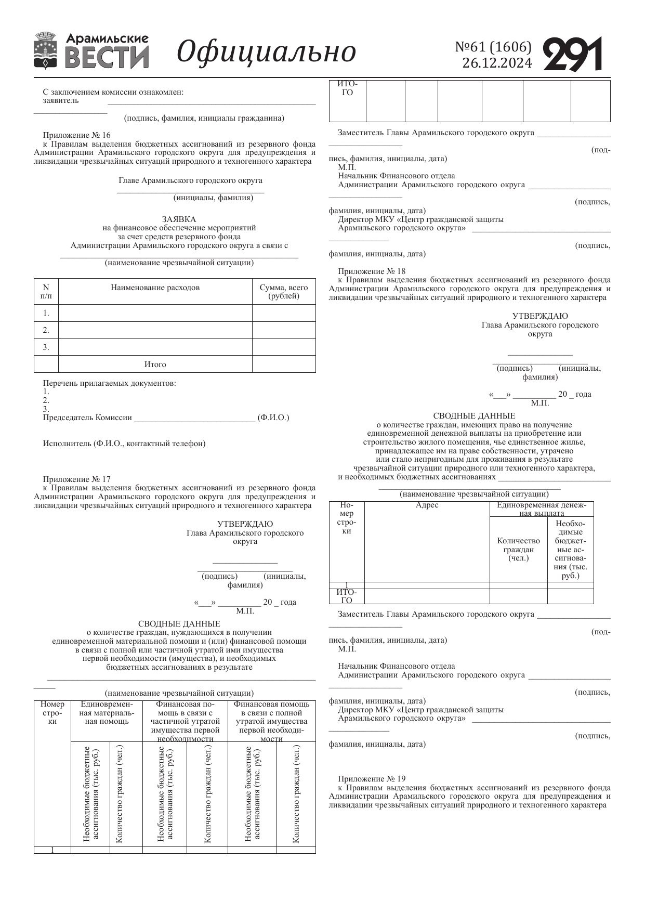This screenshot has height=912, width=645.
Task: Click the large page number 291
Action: [x=573, y=54]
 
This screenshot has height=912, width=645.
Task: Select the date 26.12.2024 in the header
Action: [x=497, y=63]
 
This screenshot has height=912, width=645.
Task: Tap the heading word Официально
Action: [x=267, y=52]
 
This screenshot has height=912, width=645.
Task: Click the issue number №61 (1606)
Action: [x=493, y=47]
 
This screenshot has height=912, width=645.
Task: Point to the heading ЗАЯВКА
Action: [x=179, y=219]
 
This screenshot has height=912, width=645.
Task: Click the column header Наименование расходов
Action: [x=155, y=288]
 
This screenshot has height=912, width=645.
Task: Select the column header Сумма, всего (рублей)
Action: [x=284, y=292]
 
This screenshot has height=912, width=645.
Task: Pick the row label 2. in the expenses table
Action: [x=46, y=330]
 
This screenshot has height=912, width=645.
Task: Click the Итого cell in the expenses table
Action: [x=155, y=364]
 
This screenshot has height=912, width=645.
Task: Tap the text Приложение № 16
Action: [x=76, y=135]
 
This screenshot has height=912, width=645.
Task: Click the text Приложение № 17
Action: [x=76, y=479]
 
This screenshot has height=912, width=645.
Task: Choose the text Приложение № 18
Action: [x=372, y=271]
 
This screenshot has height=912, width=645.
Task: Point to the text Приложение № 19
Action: [x=372, y=779]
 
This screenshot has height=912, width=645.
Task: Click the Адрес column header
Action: [x=427, y=505]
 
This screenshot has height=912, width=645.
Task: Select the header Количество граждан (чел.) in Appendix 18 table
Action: [x=518, y=550]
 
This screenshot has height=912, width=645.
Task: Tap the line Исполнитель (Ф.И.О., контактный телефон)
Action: [x=124, y=444]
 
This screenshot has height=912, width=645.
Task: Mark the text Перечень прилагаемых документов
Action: [x=109, y=383]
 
